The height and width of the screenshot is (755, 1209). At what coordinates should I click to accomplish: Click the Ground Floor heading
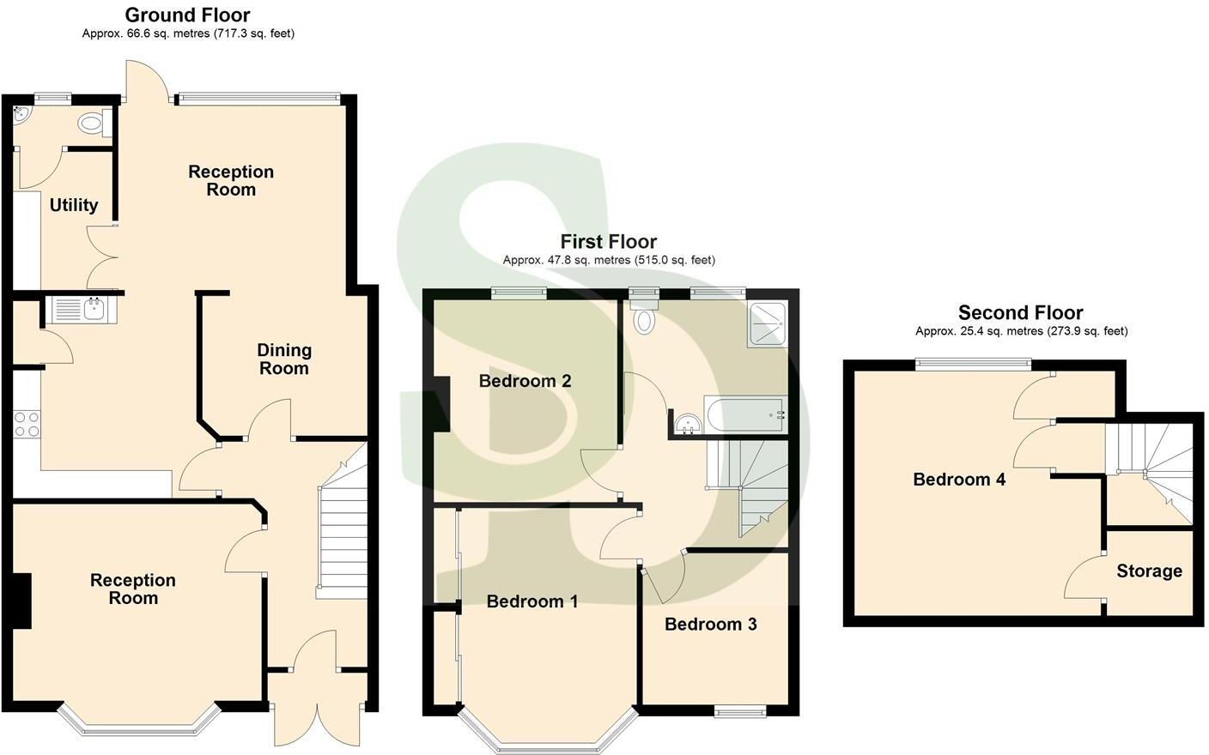(187, 15)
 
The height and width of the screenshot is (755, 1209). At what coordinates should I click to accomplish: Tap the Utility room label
(73, 205)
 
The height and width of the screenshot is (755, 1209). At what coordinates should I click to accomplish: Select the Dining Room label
(284, 359)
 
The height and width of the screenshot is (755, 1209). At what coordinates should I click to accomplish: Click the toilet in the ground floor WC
(91, 124)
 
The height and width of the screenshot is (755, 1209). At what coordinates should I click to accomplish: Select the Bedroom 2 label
(525, 381)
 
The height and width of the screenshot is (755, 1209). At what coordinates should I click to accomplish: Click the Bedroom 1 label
(532, 601)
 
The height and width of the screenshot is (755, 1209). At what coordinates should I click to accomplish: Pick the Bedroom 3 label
(710, 624)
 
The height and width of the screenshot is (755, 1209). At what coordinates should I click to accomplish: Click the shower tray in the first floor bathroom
(767, 325)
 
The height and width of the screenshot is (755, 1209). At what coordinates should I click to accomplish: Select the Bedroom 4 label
(958, 480)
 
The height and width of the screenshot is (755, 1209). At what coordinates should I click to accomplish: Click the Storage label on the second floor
(1149, 571)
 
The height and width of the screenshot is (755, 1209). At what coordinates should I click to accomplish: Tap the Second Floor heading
(1020, 312)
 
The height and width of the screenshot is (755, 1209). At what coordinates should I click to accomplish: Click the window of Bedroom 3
(740, 710)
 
